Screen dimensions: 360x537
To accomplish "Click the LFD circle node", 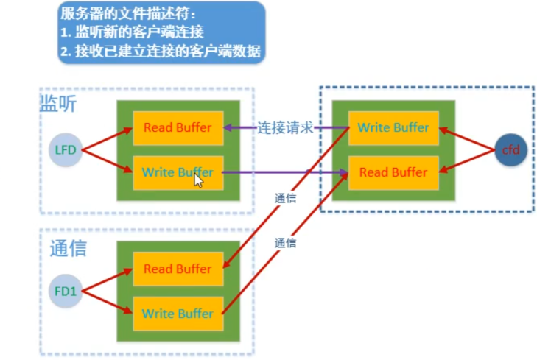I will click(x=64, y=150).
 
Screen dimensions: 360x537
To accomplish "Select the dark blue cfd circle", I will click(x=510, y=150).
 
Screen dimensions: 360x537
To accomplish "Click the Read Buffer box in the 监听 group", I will click(x=178, y=127).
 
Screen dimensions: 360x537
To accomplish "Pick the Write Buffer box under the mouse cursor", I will click(x=178, y=172).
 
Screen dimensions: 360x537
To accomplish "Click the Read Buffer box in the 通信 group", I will click(x=178, y=269).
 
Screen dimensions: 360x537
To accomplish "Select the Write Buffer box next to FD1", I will click(x=178, y=314).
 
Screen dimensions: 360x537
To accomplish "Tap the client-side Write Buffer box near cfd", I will click(x=393, y=127).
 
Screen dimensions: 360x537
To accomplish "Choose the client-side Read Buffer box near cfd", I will click(x=393, y=172).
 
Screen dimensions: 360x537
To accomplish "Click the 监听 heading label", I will click(x=57, y=105).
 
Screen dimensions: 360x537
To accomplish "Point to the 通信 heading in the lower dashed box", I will click(x=68, y=248).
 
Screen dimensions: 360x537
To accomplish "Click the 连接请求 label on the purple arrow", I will click(x=285, y=127).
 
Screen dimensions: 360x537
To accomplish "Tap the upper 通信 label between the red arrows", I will click(x=285, y=199).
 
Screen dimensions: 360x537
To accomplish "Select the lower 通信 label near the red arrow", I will click(x=285, y=242).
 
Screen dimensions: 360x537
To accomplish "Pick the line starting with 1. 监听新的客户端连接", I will click(x=133, y=33).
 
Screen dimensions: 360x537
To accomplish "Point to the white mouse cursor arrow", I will click(x=197, y=179).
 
